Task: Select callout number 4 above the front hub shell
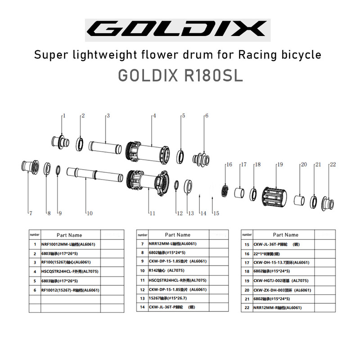[x=154, y=116]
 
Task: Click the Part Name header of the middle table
[x=177, y=235]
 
